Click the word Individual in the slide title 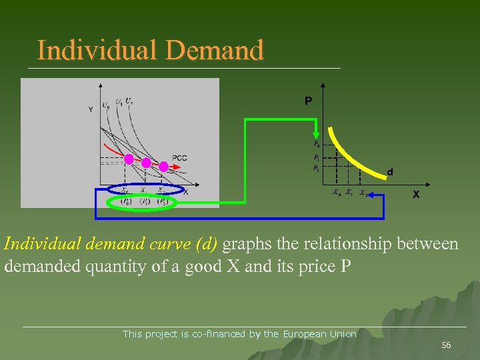tap(85, 50)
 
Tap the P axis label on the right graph tap(308, 101)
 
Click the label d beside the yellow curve tap(391, 173)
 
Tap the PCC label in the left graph tap(179, 158)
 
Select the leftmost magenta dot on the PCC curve tap(129, 159)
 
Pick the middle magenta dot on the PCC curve tap(146, 162)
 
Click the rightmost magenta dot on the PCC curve tap(163, 165)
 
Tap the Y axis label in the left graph tap(91, 110)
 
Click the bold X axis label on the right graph tap(416, 195)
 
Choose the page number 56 tap(446, 345)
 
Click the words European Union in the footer tap(320, 334)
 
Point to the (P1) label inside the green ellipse tap(145, 202)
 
